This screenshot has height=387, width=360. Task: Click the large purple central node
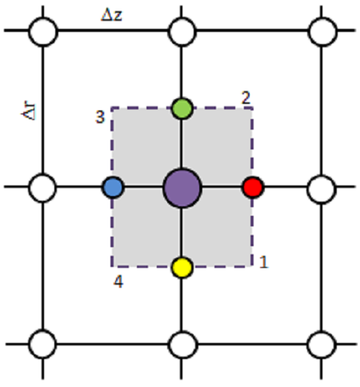point(182,188)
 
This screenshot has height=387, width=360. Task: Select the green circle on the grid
point(182,109)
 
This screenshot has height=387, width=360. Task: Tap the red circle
point(253,187)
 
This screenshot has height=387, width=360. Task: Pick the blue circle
point(114,187)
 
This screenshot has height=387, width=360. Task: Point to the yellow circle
point(182,267)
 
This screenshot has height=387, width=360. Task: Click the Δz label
point(112,16)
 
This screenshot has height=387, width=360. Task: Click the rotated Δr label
point(29,111)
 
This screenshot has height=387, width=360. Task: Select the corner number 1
point(263,261)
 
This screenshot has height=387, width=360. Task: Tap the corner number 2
point(246,98)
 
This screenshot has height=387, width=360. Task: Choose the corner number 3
point(100,117)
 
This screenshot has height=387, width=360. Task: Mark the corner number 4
point(118,281)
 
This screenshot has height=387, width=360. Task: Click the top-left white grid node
point(43,32)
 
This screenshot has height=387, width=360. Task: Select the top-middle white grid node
point(182,32)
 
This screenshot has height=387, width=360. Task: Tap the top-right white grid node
point(322,32)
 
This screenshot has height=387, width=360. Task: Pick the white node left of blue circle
point(42,188)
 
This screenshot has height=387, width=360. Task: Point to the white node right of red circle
point(322,189)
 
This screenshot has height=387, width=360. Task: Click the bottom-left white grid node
point(42,344)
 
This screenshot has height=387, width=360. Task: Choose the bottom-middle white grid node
point(183,345)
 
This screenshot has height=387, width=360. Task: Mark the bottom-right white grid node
point(322,345)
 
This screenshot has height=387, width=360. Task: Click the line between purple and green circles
point(182,144)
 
